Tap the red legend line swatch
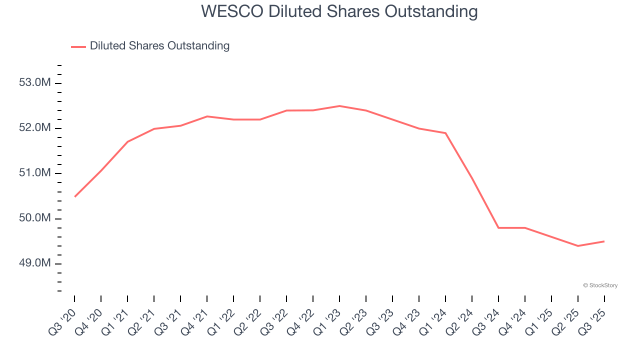click(78, 46)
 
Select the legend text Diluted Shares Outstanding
click(159, 46)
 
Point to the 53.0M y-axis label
click(35, 82)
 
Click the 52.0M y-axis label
click(35, 128)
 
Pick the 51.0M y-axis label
click(35, 173)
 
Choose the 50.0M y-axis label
click(35, 218)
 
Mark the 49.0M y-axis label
click(35, 263)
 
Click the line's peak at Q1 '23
click(339, 106)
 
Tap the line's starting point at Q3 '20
click(74, 196)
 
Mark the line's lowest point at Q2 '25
click(578, 246)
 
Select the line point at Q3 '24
click(498, 227)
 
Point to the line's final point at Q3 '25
click(604, 241)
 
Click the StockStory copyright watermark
click(600, 285)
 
